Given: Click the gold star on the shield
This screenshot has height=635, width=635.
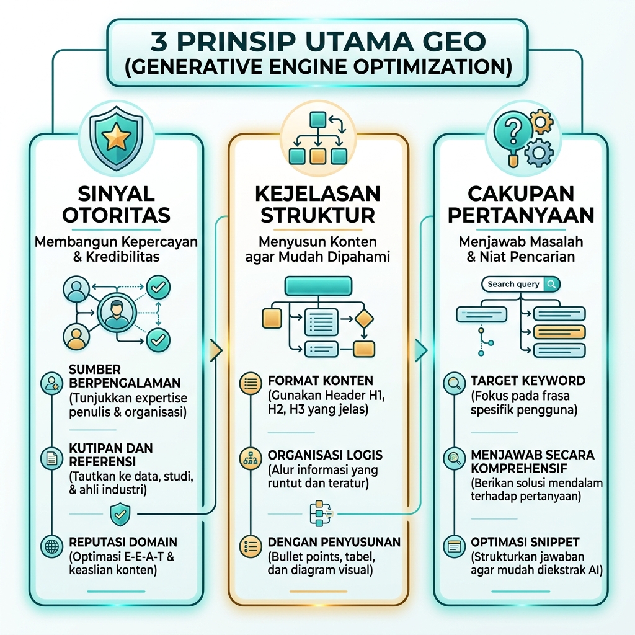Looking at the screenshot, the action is click(x=116, y=136).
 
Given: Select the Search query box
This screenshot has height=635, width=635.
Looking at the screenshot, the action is click(x=521, y=284).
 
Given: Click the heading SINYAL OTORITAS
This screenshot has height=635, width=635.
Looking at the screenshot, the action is click(x=116, y=205).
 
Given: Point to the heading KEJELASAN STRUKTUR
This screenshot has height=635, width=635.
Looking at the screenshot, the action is click(x=317, y=205).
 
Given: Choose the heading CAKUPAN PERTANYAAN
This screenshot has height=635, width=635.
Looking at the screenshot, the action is click(x=521, y=205).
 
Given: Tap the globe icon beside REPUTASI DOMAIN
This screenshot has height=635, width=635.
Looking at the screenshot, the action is click(x=52, y=546).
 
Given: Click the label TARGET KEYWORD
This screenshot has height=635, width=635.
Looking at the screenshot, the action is click(x=528, y=381).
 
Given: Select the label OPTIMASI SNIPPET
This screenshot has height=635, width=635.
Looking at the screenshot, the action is click(x=525, y=542).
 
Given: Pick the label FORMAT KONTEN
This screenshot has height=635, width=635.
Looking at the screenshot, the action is click(x=321, y=381).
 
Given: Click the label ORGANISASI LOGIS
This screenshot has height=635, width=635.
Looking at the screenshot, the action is click(x=325, y=455).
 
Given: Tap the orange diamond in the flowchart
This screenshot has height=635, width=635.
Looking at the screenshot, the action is click(x=363, y=319).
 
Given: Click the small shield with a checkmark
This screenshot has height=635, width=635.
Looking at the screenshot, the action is click(x=120, y=514).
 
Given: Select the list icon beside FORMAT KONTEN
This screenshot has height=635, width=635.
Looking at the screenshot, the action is click(x=251, y=383).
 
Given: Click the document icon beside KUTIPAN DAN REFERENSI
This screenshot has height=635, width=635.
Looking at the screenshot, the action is click(x=52, y=458).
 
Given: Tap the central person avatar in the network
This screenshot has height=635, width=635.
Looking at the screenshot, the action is click(x=117, y=313).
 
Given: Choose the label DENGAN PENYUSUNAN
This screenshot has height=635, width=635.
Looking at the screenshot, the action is click(x=334, y=542).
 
